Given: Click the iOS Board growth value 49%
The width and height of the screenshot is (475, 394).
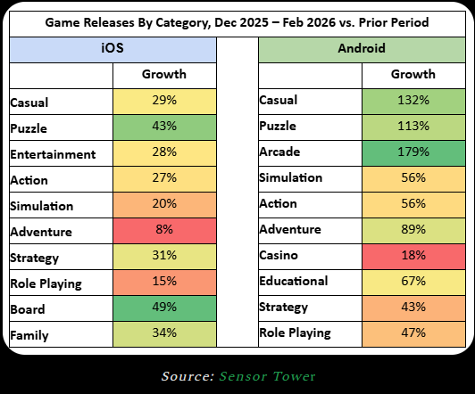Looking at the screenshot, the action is (x=164, y=307).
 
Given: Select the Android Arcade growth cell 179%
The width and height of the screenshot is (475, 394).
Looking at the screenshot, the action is (x=413, y=153).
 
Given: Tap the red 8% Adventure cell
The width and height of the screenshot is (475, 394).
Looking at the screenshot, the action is (x=164, y=231).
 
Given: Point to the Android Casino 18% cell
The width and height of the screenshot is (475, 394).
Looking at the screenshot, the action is (x=413, y=257).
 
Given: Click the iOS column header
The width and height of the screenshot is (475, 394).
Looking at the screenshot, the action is (x=112, y=50).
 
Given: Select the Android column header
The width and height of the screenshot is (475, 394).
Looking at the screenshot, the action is (x=362, y=50).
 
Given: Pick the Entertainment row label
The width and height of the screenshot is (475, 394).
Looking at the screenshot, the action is (x=53, y=154).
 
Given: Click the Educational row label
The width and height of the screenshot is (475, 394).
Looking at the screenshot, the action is (x=294, y=281).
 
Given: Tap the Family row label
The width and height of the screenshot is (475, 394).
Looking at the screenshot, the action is (x=29, y=336).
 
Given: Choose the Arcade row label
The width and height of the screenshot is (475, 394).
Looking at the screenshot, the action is (x=279, y=152).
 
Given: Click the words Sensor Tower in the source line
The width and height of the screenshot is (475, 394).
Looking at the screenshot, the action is (x=267, y=376).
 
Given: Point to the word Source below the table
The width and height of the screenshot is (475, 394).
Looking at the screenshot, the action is (x=187, y=376).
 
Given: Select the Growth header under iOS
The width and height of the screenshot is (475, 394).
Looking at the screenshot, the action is (x=164, y=74).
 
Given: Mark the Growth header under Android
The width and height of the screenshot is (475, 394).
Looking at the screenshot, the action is (x=413, y=74).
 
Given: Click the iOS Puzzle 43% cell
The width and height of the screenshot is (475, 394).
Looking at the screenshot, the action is (x=164, y=127).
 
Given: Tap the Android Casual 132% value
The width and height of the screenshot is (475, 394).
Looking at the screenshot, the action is (x=413, y=100).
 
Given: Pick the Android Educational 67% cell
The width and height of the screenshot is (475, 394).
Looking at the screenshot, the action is (x=413, y=283).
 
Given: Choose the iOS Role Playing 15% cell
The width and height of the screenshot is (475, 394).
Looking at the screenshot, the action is (x=164, y=283).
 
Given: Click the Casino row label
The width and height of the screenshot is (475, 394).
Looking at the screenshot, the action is (x=279, y=255).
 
